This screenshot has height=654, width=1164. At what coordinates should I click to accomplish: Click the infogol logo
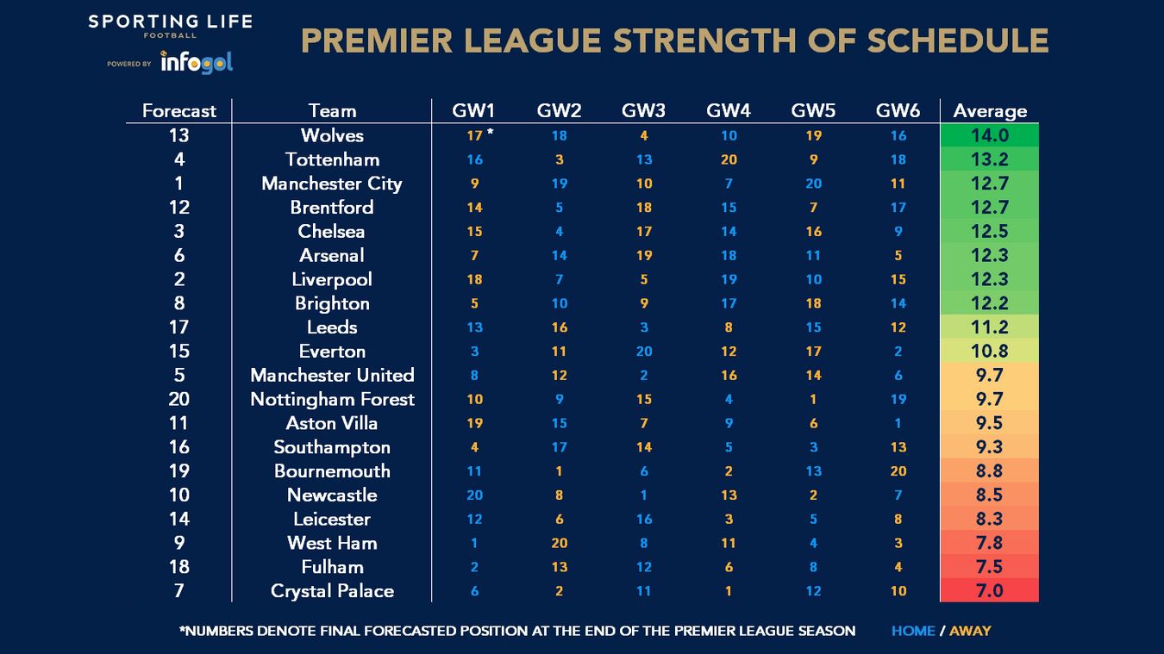pyautogui.click(x=197, y=62)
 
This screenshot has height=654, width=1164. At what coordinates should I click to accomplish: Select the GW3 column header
pyautogui.click(x=643, y=111)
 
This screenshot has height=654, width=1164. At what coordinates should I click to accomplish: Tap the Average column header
pyautogui.click(x=990, y=111)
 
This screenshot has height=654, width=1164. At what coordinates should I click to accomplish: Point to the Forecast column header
pyautogui.click(x=179, y=111)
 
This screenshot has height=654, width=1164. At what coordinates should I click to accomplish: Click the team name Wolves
pyautogui.click(x=332, y=135)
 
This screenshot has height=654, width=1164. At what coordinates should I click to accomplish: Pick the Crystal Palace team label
pyautogui.click(x=332, y=591)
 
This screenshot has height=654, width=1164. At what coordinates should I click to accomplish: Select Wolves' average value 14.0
pyautogui.click(x=990, y=135)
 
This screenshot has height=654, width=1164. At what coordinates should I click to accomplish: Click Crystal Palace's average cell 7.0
pyautogui.click(x=990, y=591)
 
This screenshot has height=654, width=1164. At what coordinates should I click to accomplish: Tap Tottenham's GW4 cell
pyautogui.click(x=729, y=159)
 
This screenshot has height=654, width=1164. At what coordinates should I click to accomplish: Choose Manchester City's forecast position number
pyautogui.click(x=179, y=184)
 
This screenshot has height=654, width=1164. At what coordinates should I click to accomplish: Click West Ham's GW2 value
pyautogui.click(x=559, y=543)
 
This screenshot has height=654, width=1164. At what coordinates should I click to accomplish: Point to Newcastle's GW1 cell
pyautogui.click(x=474, y=495)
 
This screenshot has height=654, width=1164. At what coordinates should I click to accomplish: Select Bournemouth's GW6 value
pyautogui.click(x=898, y=470)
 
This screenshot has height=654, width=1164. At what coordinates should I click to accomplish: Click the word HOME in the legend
pyautogui.click(x=913, y=631)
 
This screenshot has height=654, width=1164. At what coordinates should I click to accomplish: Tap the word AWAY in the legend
pyautogui.click(x=970, y=631)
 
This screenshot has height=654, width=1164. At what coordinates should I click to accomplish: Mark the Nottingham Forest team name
pyautogui.click(x=332, y=399)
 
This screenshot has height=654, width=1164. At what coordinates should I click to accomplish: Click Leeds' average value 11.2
pyautogui.click(x=990, y=327)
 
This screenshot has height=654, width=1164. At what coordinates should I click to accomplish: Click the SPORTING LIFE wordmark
pyautogui.click(x=170, y=21)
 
